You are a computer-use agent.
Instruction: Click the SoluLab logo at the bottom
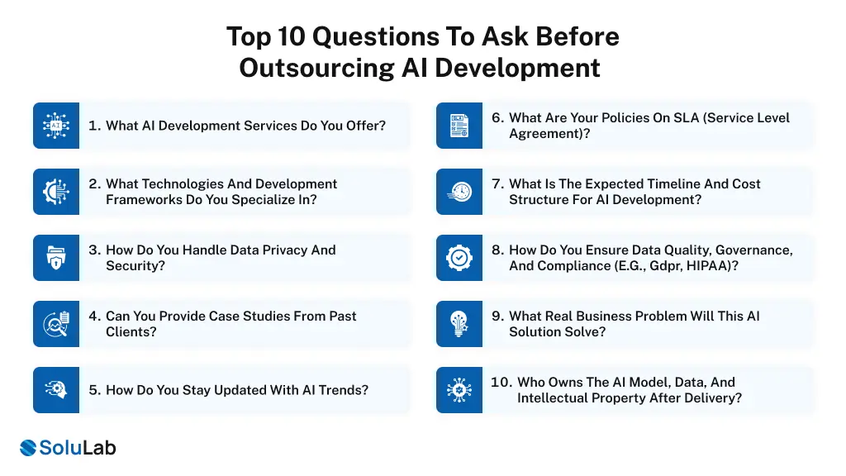(68, 448)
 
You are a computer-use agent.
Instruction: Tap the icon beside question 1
(56, 126)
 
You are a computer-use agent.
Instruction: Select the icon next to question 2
(56, 192)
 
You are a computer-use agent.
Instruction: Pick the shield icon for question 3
(56, 258)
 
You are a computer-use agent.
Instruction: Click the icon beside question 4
(56, 324)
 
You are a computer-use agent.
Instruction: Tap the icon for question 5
(56, 390)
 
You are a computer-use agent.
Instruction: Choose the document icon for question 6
(459, 126)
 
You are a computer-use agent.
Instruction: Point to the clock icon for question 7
(459, 192)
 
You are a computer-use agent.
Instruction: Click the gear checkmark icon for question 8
(459, 258)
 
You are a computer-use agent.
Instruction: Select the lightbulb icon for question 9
(459, 324)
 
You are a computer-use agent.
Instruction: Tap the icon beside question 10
(459, 390)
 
